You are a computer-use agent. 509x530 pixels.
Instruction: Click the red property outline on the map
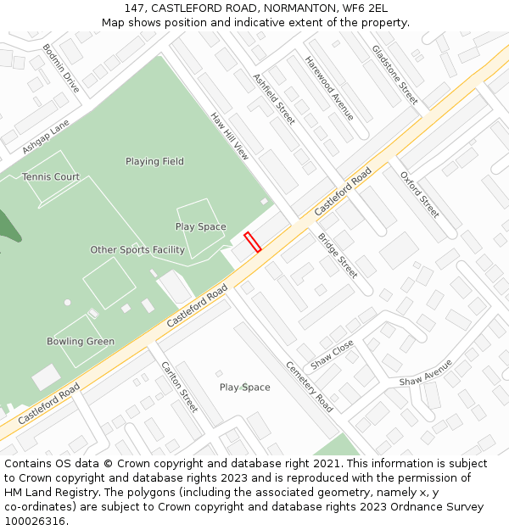pyautogui.click(x=252, y=242)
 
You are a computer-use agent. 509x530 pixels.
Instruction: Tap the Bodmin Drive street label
pyautogui.click(x=61, y=69)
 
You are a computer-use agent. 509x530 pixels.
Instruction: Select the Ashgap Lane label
pyautogui.click(x=46, y=137)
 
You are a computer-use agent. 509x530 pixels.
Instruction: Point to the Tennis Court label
pyautogui.click(x=51, y=177)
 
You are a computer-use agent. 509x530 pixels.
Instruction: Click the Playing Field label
pyautogui.click(x=154, y=161)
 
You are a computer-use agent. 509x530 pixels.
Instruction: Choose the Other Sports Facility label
pyautogui.click(x=137, y=250)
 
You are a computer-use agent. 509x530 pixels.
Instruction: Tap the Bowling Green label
pyautogui.click(x=81, y=342)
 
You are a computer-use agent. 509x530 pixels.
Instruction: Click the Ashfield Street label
pyautogui.click(x=274, y=99)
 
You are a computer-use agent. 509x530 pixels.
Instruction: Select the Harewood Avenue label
pyautogui.click(x=330, y=88)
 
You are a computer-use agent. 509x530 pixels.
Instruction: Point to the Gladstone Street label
pyautogui.click(x=395, y=75)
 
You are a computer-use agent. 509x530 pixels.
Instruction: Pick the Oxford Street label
pyautogui.click(x=420, y=194)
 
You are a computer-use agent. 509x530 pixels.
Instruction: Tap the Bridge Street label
pyautogui.click(x=338, y=255)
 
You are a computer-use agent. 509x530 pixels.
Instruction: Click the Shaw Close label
pyautogui.click(x=333, y=355)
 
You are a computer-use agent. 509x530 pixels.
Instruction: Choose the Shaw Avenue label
pyautogui.click(x=426, y=372)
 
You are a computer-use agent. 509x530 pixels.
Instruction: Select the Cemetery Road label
pyautogui.click(x=309, y=387)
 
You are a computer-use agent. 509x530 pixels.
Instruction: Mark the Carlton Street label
pyautogui.click(x=179, y=387)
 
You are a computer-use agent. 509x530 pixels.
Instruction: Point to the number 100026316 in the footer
pyautogui.click(x=35, y=522)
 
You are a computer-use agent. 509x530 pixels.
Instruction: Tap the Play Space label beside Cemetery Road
pyautogui.click(x=245, y=388)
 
